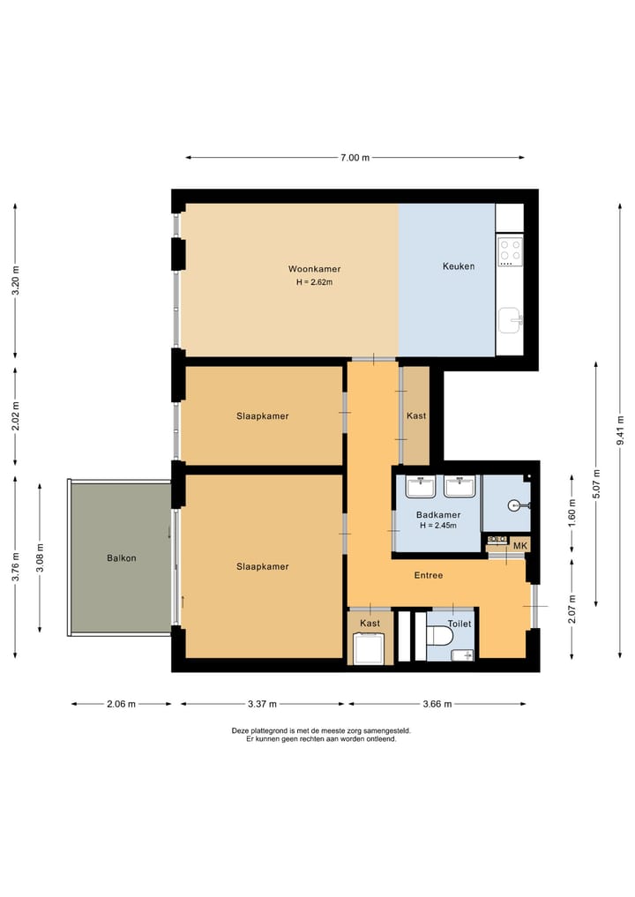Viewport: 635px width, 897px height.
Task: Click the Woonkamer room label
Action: pyautogui.click(x=314, y=269)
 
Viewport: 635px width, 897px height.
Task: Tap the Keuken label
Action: pyautogui.click(x=459, y=266)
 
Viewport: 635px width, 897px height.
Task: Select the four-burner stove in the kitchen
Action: pyautogui.click(x=510, y=251)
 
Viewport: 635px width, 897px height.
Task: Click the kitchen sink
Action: pyautogui.click(x=509, y=320)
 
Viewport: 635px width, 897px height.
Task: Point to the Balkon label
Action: pyautogui.click(x=122, y=557)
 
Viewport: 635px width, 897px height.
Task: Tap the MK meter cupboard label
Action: pyautogui.click(x=520, y=546)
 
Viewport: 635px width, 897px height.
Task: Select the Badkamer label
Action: pyautogui.click(x=438, y=515)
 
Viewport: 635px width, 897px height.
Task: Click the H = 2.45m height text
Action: pyautogui.click(x=438, y=525)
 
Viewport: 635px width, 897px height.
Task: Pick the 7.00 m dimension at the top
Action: pyautogui.click(x=355, y=157)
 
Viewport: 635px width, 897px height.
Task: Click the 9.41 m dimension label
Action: pyautogui.click(x=621, y=430)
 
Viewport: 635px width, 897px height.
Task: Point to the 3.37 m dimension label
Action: pyautogui.click(x=262, y=704)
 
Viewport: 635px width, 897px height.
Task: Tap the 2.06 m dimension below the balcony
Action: pyautogui.click(x=122, y=704)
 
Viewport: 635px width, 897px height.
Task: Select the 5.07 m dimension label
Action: pyautogui.click(x=597, y=484)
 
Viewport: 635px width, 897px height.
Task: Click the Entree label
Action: pyautogui.click(x=429, y=575)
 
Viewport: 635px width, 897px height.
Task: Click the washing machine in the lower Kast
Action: pyautogui.click(x=369, y=648)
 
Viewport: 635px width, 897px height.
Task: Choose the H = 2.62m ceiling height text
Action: pyautogui.click(x=314, y=282)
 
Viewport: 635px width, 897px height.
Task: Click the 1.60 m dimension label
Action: pyautogui.click(x=572, y=513)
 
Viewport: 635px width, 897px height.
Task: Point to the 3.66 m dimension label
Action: pyautogui.click(x=437, y=704)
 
